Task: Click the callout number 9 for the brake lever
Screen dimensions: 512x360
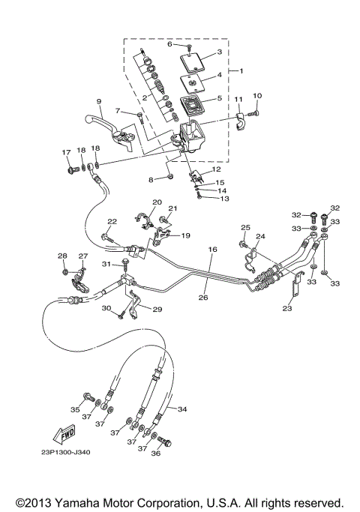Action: tap(98, 101)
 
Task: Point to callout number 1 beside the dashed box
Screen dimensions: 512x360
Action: tap(241, 70)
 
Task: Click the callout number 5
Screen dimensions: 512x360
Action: tap(219, 98)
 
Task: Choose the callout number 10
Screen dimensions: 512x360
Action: tap(257, 96)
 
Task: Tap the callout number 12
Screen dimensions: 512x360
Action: tap(217, 169)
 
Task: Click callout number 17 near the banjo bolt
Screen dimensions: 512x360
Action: tap(65, 153)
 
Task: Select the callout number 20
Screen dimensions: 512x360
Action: tap(157, 202)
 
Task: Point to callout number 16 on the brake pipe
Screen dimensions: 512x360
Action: tap(212, 250)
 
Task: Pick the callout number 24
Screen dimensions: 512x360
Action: tap(260, 236)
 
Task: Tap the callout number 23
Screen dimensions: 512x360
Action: tap(287, 307)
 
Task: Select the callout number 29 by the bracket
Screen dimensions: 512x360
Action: tap(158, 310)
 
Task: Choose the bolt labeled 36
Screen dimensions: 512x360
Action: tap(166, 443)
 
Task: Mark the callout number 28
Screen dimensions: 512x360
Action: tap(63, 256)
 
